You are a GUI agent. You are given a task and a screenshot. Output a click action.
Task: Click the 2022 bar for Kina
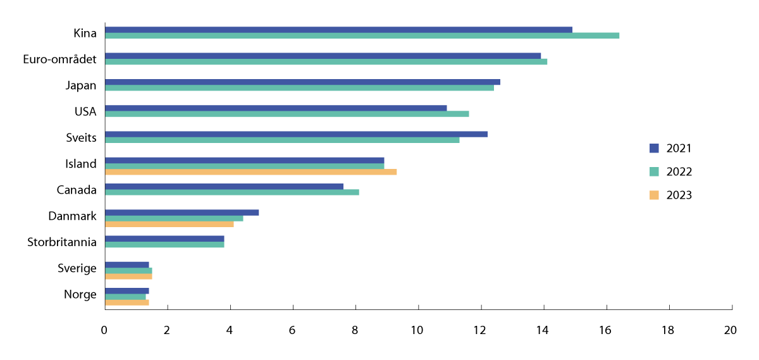(x=362, y=35)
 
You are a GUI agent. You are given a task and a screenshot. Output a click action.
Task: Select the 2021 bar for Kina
(x=338, y=30)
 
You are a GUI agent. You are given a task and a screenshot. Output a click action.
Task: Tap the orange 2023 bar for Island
(x=250, y=171)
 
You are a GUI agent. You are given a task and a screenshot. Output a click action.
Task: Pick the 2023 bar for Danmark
(x=169, y=224)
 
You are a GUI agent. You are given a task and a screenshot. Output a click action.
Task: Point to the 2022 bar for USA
(x=287, y=114)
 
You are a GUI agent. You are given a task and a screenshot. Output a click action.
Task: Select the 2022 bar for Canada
(x=231, y=192)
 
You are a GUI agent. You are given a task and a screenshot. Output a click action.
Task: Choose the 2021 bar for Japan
(x=302, y=82)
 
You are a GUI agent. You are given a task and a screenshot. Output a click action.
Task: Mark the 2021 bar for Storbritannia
(x=164, y=239)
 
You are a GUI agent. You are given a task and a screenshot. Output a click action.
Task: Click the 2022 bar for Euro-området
(x=326, y=61)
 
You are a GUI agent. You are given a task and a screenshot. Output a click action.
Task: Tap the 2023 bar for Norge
(x=126, y=302)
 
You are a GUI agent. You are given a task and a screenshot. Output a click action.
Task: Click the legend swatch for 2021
(x=654, y=148)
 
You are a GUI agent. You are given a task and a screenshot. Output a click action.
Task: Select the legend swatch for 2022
(x=654, y=171)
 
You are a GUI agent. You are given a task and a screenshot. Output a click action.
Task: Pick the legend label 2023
(x=679, y=195)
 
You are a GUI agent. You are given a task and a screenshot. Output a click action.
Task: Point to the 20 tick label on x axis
(x=731, y=330)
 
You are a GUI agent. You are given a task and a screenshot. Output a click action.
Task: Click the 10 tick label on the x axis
(x=417, y=330)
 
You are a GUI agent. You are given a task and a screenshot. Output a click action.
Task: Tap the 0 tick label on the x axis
(x=104, y=330)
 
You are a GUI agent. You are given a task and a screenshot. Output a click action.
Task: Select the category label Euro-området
(x=59, y=59)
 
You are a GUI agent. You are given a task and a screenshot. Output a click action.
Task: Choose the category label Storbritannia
(x=62, y=242)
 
